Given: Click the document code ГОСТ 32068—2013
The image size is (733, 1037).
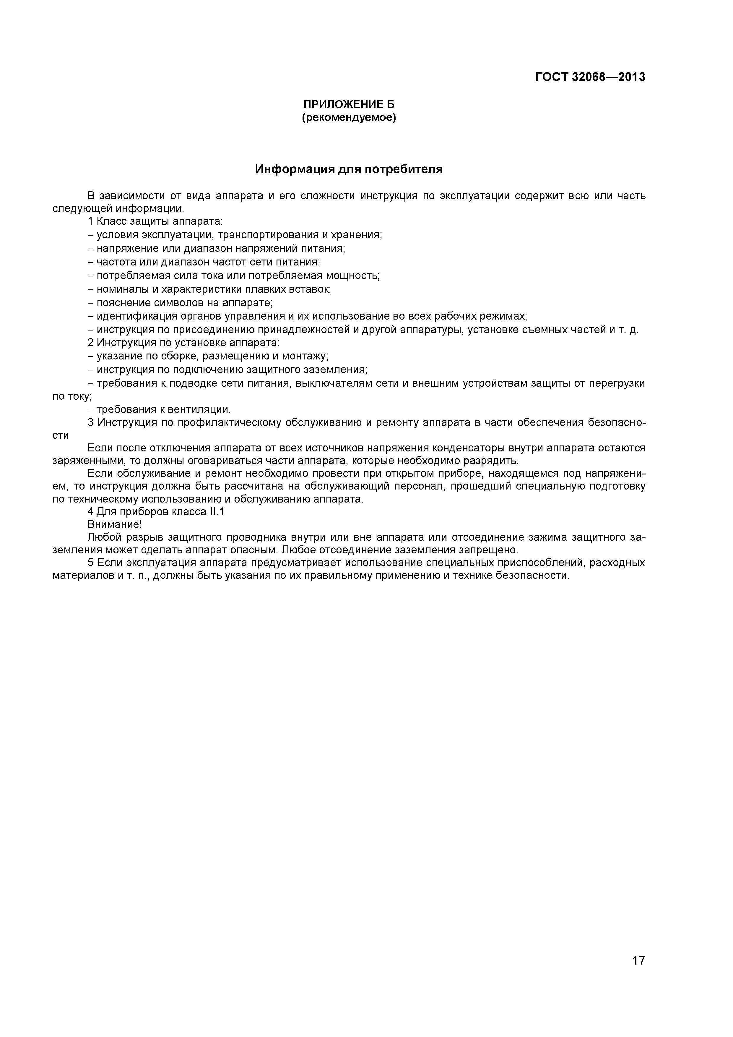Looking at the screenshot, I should coord(590,77).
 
